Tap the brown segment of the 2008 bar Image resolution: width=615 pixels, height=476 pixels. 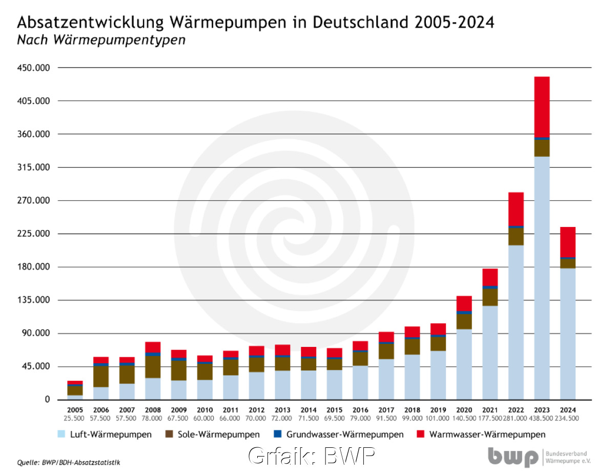point(153,367)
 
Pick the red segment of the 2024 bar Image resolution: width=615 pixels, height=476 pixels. point(567,241)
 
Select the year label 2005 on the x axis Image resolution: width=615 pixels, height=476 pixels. point(75,410)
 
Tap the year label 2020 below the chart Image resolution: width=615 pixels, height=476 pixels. point(464,410)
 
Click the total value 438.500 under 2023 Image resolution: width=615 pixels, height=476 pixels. point(542,418)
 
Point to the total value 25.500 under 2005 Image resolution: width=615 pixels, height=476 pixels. point(75,418)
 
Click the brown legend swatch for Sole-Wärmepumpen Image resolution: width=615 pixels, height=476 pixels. point(169,434)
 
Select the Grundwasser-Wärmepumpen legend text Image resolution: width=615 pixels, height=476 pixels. point(345,434)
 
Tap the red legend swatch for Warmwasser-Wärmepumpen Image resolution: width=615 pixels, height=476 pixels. point(421,434)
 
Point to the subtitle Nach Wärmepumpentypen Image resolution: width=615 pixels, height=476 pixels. point(100,40)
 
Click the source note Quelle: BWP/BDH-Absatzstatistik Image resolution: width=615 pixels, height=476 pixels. point(68,462)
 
